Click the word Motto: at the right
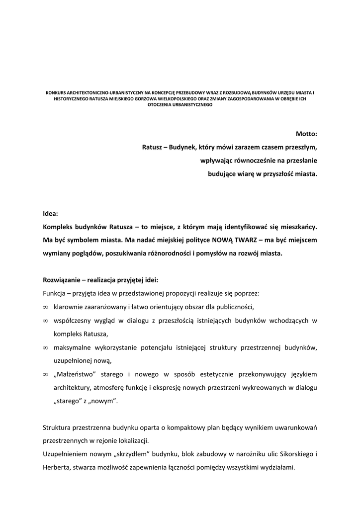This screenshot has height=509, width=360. (306, 134)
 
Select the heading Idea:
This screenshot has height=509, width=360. (50, 213)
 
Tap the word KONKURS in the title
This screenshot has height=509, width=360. (55, 93)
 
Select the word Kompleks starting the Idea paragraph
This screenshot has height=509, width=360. (59, 227)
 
